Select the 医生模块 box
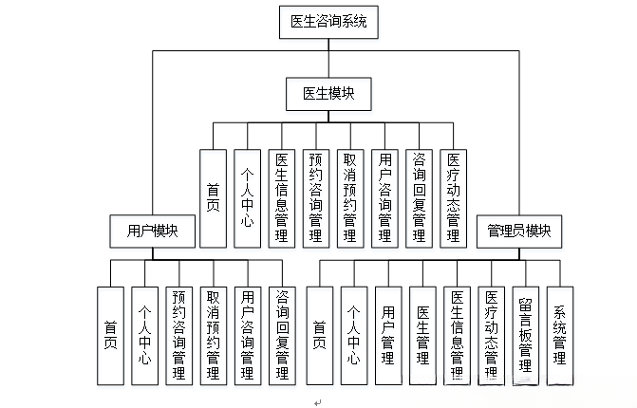328,94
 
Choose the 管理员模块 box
518,231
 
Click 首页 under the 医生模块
213,197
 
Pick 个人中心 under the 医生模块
247,197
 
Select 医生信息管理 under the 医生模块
281,197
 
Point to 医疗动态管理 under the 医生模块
454,197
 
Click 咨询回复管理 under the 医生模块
420,197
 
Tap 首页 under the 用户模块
110,335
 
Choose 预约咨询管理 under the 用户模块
178,335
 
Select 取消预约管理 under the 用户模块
213,335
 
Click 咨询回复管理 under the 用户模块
281,335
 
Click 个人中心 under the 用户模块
144,335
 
